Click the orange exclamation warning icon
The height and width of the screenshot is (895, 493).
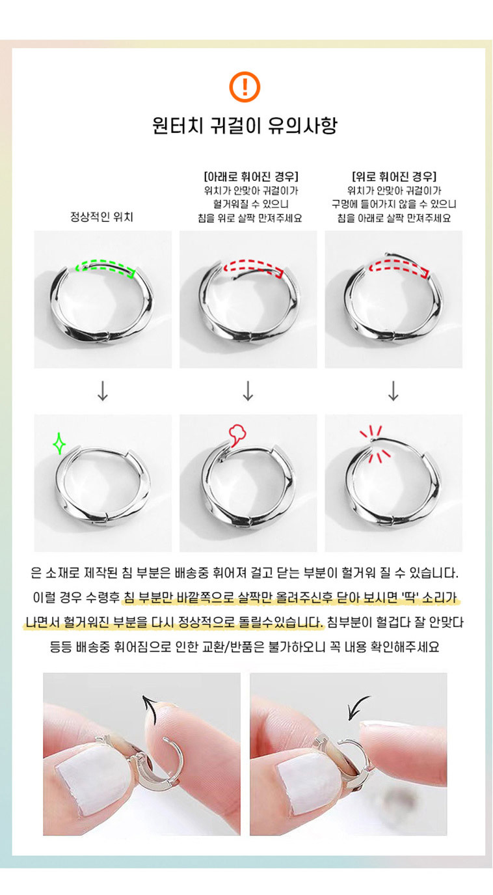(x=245, y=87)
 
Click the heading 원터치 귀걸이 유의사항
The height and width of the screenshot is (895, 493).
(x=245, y=126)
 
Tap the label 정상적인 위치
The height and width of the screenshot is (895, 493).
(x=102, y=217)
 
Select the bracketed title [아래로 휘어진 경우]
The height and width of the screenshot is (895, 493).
(x=251, y=176)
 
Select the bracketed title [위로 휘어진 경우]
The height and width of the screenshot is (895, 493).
(x=394, y=176)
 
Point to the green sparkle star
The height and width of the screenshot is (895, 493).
(x=59, y=443)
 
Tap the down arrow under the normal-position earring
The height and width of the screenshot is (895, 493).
(x=103, y=391)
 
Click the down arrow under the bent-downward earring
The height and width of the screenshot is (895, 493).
(x=248, y=391)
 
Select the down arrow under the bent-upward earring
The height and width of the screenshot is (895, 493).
(x=393, y=391)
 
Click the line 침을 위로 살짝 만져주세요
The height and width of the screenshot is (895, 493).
(x=250, y=218)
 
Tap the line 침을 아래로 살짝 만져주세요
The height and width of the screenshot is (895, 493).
(x=394, y=218)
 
